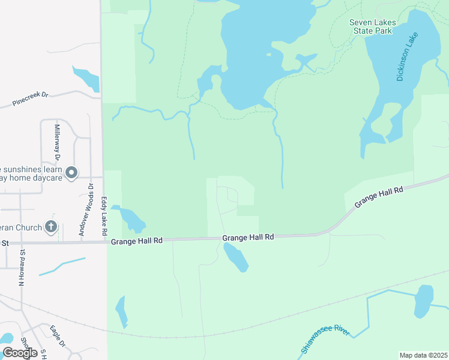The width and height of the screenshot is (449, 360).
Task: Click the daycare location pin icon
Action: point(71,173)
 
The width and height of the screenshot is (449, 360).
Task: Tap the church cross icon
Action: point(52,227)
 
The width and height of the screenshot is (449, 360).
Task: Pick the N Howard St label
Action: point(21,266)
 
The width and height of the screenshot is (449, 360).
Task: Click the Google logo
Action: point(20,353)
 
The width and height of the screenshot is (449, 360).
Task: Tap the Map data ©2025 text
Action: point(423,355)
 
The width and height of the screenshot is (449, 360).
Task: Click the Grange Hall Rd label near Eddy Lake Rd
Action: point(137,241)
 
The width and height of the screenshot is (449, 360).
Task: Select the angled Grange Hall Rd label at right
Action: point(378,197)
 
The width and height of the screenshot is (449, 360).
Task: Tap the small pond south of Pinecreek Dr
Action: point(86,79)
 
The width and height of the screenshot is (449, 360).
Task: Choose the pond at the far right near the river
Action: point(424,301)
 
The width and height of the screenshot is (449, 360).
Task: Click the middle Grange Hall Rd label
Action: point(248,238)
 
